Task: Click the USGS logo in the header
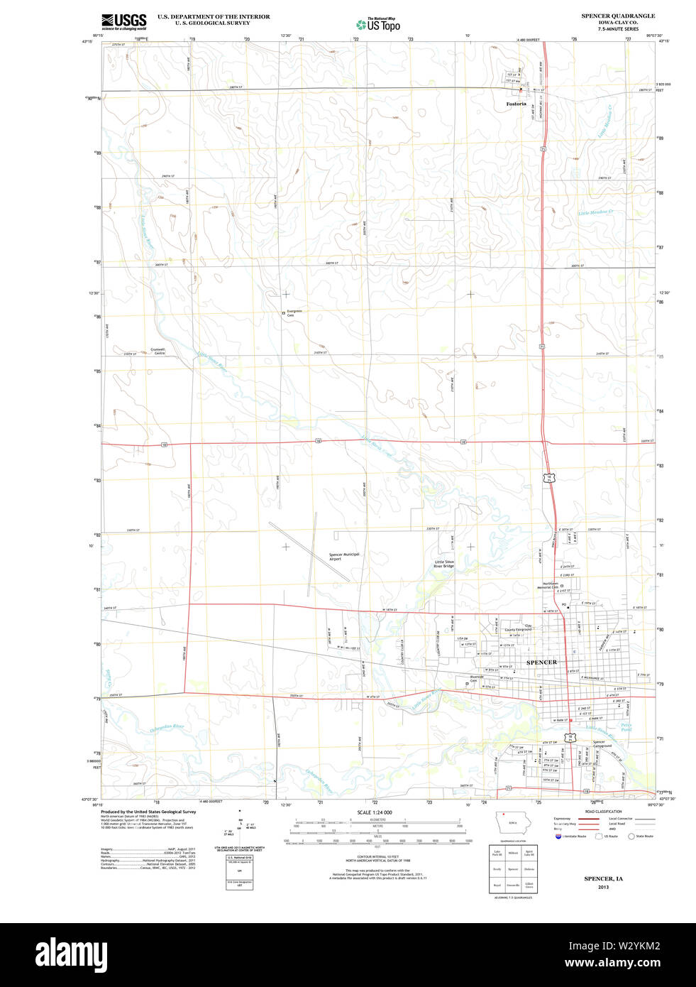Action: pos(123,22)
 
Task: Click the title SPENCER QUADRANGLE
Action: pos(618,16)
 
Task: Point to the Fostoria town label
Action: pos(516,104)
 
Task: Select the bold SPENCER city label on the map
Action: pos(541,662)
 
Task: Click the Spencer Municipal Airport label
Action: pos(344,557)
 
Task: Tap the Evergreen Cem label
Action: pos(294,312)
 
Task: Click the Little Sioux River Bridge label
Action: pos(444,564)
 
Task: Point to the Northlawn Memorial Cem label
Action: pos(547,586)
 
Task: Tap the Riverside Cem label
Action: pos(477,679)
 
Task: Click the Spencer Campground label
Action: pos(602,744)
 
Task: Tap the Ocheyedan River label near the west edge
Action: pos(167,728)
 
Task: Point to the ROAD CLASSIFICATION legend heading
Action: pos(603,812)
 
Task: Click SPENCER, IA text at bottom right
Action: pos(603,879)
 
